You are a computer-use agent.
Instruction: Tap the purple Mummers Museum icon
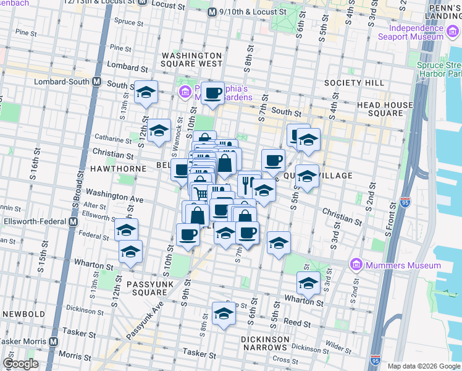(356, 265)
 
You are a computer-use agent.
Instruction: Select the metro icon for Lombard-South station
(97, 81)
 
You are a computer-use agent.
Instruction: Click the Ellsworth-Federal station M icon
(73, 221)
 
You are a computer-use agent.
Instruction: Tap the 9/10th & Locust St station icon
(212, 11)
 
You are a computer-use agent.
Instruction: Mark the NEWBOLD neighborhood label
(23, 313)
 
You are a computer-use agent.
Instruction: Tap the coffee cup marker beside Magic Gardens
(213, 93)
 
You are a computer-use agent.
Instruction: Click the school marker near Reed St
(224, 313)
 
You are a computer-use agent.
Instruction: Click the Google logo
(20, 364)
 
